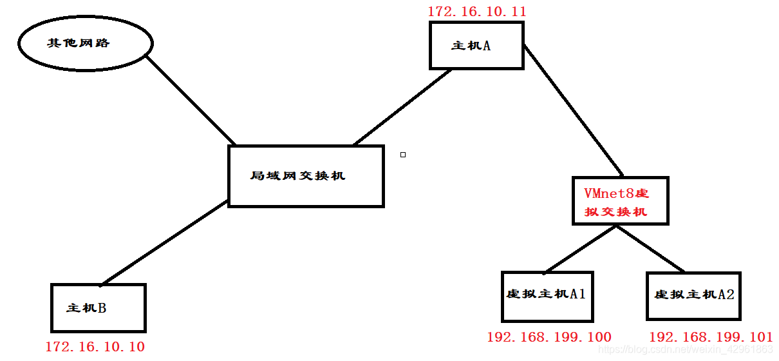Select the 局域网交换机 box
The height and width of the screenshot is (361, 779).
[x=306, y=176]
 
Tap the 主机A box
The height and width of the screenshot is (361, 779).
[x=476, y=45]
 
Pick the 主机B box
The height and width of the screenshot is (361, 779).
[x=98, y=308]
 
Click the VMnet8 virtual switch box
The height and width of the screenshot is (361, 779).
[x=621, y=201]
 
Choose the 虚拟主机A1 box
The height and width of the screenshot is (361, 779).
[x=547, y=295]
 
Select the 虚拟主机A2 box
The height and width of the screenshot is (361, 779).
[x=694, y=295]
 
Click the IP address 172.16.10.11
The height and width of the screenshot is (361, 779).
[x=477, y=11]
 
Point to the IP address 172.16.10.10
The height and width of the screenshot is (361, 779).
[x=95, y=347]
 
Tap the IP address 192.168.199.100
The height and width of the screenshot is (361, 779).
[x=549, y=337]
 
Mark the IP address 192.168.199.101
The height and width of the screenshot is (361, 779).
[x=711, y=337]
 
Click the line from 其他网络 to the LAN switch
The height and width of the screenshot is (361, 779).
[x=191, y=100]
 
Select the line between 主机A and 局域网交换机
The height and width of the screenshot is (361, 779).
[x=402, y=107]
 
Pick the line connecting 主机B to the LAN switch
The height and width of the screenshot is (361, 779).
[x=164, y=242]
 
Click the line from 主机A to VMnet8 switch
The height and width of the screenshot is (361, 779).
[x=573, y=111]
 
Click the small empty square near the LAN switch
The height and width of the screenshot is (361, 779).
[x=403, y=155]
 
